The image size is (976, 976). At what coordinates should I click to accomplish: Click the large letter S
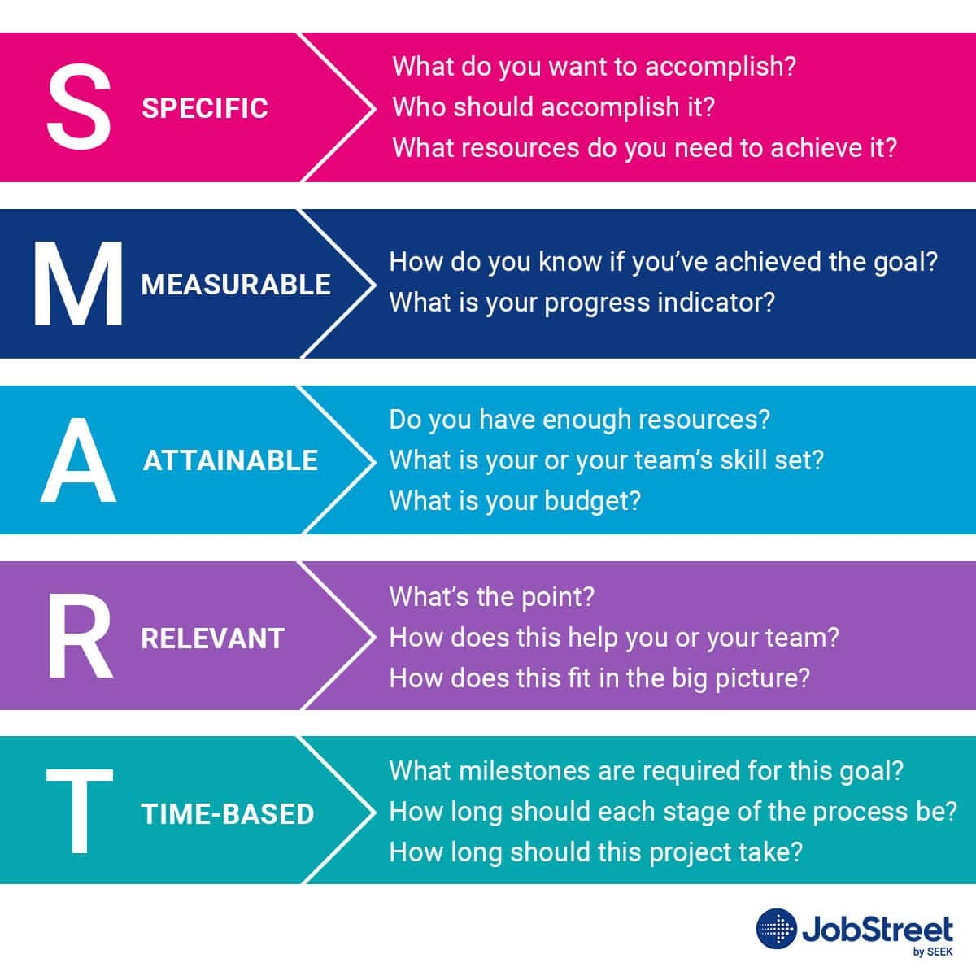(78, 107)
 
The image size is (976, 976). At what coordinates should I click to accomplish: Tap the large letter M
(78, 284)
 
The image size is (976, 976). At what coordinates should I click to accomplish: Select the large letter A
(78, 460)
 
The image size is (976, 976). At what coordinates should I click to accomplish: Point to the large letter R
(78, 638)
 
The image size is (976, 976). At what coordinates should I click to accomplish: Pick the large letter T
(78, 813)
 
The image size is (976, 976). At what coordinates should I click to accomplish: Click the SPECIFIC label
(205, 108)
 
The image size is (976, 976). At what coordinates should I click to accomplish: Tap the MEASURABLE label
(236, 285)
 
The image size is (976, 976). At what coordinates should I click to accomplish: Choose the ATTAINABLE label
(230, 460)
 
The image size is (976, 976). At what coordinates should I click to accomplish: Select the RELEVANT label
(212, 638)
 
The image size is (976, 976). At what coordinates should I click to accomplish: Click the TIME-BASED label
(228, 814)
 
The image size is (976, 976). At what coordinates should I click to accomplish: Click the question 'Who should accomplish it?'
(553, 107)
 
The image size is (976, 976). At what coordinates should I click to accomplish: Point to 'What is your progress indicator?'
(582, 303)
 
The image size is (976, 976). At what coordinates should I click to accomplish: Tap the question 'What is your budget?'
(515, 500)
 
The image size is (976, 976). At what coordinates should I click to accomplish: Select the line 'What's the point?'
(491, 597)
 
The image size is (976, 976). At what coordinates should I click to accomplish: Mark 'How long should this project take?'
(595, 852)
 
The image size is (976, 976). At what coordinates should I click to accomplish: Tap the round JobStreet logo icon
(776, 929)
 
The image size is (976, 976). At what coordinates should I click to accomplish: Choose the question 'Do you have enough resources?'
(579, 420)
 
